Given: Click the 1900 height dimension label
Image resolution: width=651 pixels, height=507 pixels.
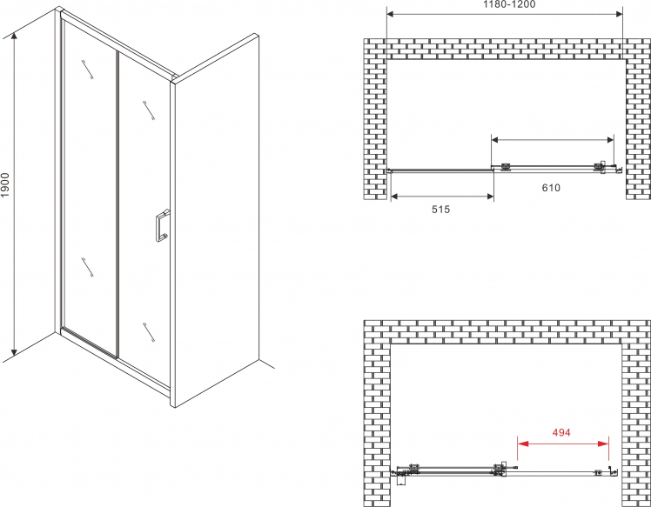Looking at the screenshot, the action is click(5, 184).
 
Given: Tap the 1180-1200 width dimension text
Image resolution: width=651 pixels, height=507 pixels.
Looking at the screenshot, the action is click(509, 4).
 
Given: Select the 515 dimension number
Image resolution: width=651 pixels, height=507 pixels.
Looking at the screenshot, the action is click(440, 210).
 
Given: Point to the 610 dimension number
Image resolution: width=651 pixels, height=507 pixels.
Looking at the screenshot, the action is click(551, 188).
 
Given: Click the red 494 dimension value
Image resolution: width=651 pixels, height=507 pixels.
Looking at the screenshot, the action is click(560, 432).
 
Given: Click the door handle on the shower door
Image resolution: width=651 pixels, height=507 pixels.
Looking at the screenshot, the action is click(162, 226).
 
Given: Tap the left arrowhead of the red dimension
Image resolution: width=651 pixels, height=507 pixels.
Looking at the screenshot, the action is click(523, 444).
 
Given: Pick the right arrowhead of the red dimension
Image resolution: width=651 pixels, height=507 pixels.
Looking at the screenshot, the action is click(603, 444).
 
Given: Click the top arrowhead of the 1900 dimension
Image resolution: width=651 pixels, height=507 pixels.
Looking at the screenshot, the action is click(15, 37).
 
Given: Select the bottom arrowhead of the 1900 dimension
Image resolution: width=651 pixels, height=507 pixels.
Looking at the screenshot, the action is click(15, 352).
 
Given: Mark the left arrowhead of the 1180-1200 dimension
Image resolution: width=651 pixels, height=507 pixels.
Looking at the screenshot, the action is click(392, 14).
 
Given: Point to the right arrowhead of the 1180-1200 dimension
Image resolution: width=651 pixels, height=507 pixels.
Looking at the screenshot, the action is click(618, 14).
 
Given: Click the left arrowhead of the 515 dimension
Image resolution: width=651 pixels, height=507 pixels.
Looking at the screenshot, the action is click(396, 197).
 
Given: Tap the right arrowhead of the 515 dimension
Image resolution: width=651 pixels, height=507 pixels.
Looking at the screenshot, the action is click(488, 197).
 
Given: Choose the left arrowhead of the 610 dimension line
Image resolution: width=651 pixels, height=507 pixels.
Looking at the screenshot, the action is click(497, 140).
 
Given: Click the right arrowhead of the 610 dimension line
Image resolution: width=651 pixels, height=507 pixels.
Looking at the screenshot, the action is click(608, 140).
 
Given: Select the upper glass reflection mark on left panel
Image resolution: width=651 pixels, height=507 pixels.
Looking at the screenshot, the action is click(88, 69).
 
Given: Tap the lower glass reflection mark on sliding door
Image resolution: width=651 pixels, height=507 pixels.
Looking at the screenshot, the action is click(149, 332).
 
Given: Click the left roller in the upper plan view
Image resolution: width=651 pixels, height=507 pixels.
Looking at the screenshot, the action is click(506, 167).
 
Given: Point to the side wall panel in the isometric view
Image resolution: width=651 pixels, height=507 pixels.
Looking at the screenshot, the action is click(216, 220).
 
